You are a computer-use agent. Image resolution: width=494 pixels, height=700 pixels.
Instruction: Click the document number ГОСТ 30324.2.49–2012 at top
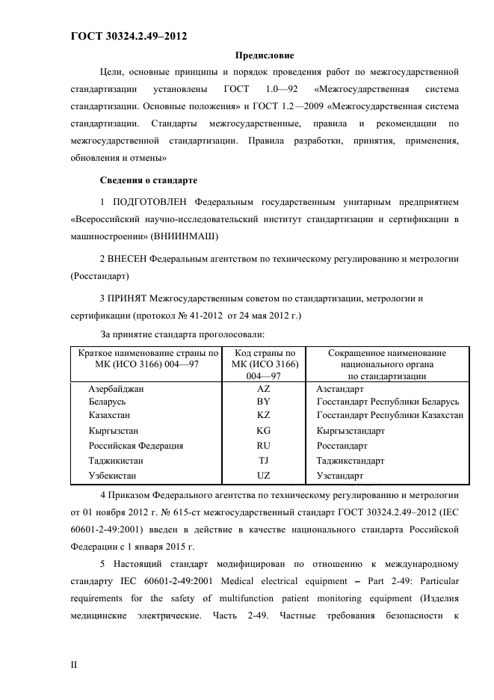click(128, 36)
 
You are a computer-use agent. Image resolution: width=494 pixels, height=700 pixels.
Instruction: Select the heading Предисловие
click(265, 55)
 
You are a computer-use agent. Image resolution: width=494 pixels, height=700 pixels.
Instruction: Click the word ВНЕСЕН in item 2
click(128, 258)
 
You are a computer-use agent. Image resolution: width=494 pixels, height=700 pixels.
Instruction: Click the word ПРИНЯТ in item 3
click(128, 299)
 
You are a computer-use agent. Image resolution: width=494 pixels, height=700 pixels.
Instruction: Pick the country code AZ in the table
click(263, 390)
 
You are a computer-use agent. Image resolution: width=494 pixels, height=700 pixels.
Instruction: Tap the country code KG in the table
click(263, 431)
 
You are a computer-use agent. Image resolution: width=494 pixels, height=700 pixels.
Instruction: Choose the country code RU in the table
click(263, 445)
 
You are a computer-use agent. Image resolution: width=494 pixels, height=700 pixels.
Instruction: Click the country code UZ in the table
click(263, 475)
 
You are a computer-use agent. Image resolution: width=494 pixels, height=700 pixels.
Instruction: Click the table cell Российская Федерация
click(136, 445)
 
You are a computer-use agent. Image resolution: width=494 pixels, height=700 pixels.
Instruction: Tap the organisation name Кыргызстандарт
click(351, 431)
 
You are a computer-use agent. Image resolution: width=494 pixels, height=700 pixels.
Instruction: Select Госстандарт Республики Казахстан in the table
click(389, 414)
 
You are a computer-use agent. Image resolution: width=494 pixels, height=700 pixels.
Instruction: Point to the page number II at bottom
click(74, 664)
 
